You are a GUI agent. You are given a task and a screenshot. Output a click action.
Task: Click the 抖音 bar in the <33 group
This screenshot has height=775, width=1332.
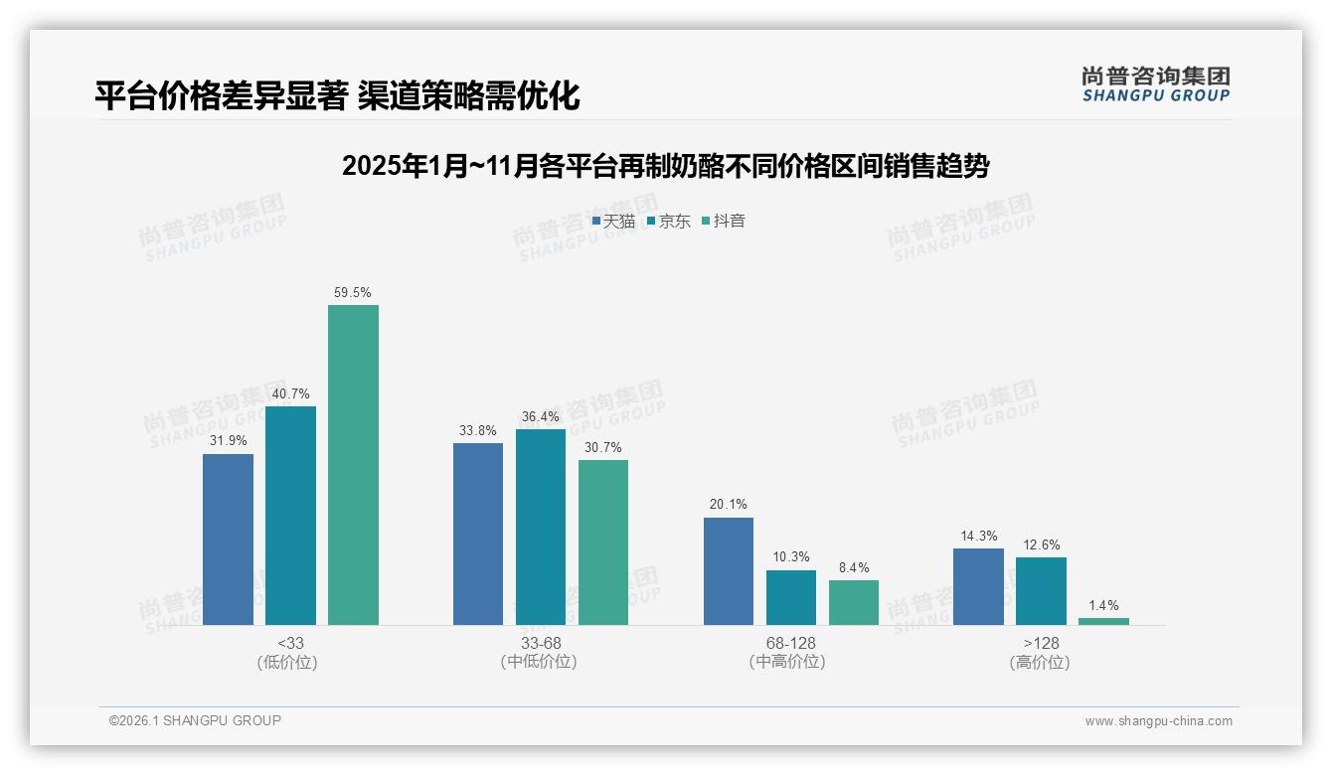click(353, 464)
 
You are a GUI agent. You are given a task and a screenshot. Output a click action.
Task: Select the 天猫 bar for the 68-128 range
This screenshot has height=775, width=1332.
click(729, 570)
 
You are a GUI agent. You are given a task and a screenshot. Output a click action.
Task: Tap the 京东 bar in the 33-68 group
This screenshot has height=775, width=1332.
click(541, 527)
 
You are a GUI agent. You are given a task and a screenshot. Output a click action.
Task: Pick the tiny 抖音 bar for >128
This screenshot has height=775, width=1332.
click(1103, 621)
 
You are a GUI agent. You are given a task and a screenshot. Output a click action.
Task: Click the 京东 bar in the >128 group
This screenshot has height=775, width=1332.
click(1041, 590)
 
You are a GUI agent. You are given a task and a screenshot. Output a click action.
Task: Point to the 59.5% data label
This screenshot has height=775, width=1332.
click(353, 292)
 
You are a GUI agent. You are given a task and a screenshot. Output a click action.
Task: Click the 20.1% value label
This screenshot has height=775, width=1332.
click(729, 505)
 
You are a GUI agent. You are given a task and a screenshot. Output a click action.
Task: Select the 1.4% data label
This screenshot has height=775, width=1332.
click(1103, 605)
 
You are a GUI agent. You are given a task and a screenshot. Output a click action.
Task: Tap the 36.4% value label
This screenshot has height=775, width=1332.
click(541, 416)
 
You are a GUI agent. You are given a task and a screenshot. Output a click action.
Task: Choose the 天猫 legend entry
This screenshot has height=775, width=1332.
click(614, 221)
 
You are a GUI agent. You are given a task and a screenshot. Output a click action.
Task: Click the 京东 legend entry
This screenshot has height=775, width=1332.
click(669, 221)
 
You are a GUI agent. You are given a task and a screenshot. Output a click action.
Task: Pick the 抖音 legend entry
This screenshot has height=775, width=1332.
click(724, 221)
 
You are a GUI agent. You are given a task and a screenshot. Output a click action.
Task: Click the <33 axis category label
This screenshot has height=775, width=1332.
click(290, 643)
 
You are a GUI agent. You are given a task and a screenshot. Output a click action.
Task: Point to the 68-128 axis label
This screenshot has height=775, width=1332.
click(790, 643)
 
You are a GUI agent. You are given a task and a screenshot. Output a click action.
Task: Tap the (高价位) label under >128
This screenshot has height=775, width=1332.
click(1041, 662)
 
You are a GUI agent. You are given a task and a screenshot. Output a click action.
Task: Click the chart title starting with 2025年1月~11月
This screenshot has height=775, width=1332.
click(665, 166)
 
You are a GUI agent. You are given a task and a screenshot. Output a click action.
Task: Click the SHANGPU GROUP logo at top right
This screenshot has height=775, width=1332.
click(1155, 84)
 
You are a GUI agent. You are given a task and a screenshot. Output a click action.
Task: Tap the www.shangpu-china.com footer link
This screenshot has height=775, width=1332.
click(1158, 720)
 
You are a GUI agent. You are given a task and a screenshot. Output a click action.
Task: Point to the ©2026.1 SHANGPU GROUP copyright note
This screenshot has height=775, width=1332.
click(195, 720)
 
